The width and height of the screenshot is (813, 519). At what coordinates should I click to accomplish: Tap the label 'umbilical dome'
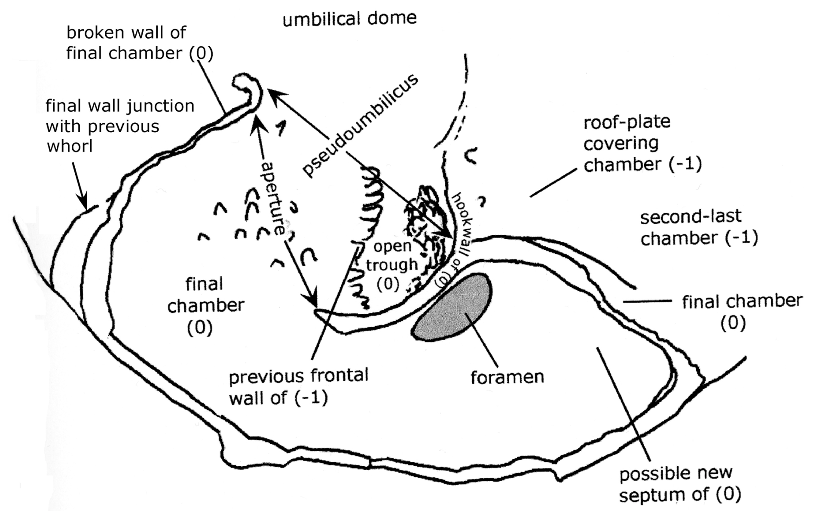point(349,19)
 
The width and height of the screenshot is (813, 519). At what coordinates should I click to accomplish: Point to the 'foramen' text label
point(507,377)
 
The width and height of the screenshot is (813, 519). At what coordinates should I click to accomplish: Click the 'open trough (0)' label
point(391,265)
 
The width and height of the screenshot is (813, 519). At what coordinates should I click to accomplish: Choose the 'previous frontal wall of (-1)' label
point(298,387)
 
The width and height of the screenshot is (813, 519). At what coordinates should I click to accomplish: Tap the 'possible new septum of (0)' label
point(680,484)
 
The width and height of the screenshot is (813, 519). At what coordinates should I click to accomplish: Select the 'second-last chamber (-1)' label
point(699,228)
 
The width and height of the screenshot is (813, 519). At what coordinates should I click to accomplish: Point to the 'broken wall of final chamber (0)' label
point(139,43)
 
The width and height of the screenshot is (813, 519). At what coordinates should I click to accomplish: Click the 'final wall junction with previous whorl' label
point(120,126)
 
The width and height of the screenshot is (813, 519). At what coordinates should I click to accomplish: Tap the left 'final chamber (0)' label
point(205,305)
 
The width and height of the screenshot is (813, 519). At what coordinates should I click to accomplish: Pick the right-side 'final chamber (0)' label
point(742,311)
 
